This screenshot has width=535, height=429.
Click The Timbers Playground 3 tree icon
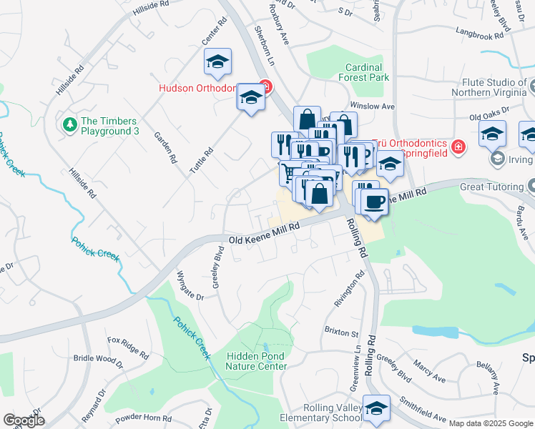click(70, 125)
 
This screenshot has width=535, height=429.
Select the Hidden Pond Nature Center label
click(256, 361)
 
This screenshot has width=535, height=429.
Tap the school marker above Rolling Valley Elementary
click(376, 408)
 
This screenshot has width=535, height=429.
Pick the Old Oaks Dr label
click(489, 114)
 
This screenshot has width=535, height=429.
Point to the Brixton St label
click(341, 333)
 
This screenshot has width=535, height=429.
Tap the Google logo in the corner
click(24, 420)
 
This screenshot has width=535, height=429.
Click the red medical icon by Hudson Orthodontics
click(265, 88)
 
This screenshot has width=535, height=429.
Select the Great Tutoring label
click(492, 187)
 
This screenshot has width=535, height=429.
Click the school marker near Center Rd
click(218, 62)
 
